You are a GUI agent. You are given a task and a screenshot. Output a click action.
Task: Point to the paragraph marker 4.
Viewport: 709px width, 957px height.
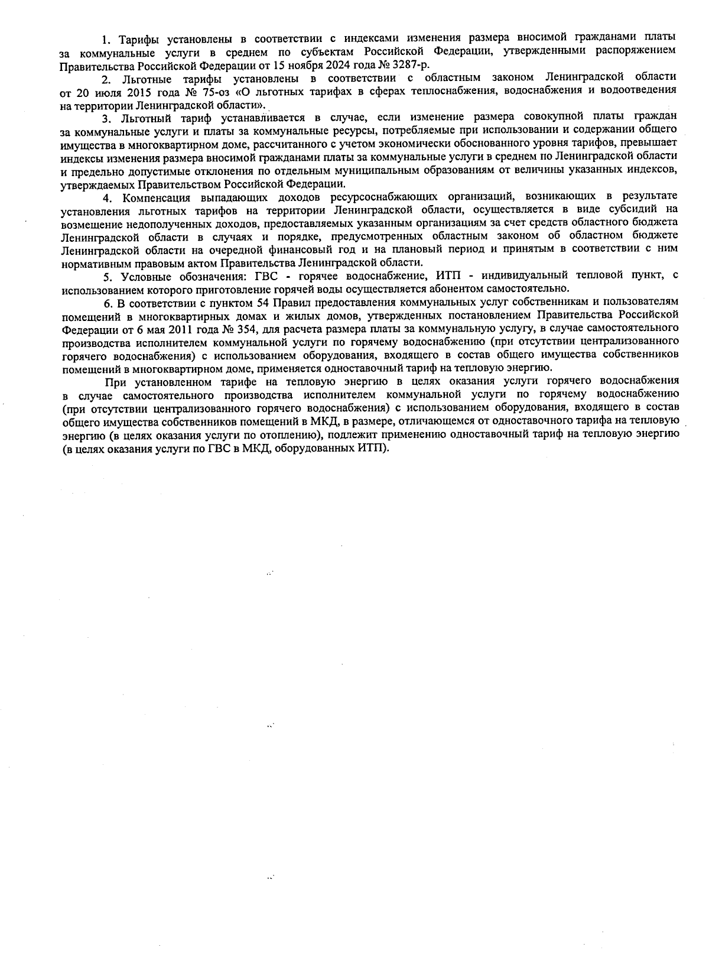(x=107, y=197)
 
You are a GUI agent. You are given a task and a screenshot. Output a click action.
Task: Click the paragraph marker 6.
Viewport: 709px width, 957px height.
(x=107, y=302)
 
